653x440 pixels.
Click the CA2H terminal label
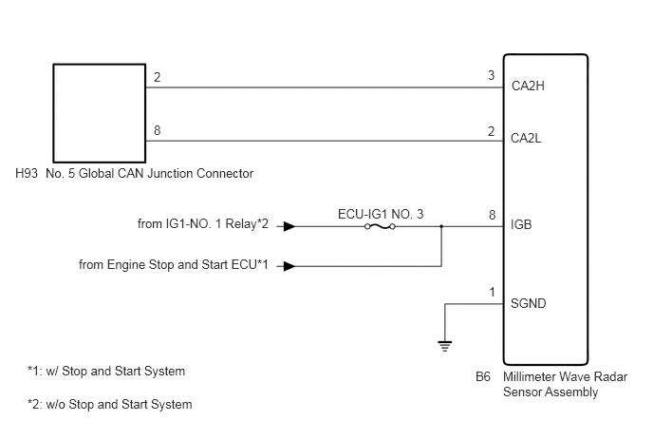click(x=528, y=86)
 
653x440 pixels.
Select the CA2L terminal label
click(x=526, y=138)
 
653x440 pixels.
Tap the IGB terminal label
click(x=521, y=225)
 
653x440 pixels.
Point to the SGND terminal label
click(x=528, y=303)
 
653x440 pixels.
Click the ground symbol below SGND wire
click(x=445, y=346)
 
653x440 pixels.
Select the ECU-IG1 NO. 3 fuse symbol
click(x=380, y=226)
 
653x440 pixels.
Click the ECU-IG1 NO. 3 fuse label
click(x=381, y=214)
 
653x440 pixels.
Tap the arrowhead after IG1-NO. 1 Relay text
click(x=289, y=226)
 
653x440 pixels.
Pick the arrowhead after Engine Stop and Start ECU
click(x=289, y=266)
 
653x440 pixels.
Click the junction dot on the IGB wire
click(x=441, y=226)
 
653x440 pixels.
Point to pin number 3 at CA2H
click(x=492, y=75)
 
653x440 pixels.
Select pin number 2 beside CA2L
click(x=492, y=131)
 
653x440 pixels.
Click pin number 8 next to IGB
click(x=493, y=215)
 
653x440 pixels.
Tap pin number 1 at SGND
click(x=493, y=293)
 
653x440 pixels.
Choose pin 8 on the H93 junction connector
click(x=157, y=130)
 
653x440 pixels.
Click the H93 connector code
click(x=27, y=173)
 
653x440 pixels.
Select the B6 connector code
click(x=483, y=376)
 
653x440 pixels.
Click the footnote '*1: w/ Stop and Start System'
click(x=106, y=372)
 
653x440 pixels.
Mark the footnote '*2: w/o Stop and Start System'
click(x=110, y=404)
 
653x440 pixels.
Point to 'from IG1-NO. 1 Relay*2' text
click(x=203, y=224)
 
